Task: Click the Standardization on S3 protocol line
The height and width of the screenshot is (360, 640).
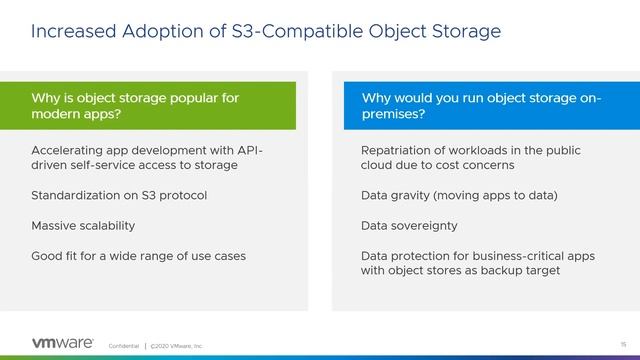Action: click(119, 195)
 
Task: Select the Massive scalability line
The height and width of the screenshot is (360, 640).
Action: click(83, 225)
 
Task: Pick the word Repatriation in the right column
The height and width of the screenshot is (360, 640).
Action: click(398, 150)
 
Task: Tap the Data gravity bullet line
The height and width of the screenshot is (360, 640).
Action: click(459, 195)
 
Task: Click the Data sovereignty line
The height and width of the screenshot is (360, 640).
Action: click(411, 225)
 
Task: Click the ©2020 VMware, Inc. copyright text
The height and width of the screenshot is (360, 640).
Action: click(177, 345)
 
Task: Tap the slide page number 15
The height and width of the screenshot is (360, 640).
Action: click(609, 343)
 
